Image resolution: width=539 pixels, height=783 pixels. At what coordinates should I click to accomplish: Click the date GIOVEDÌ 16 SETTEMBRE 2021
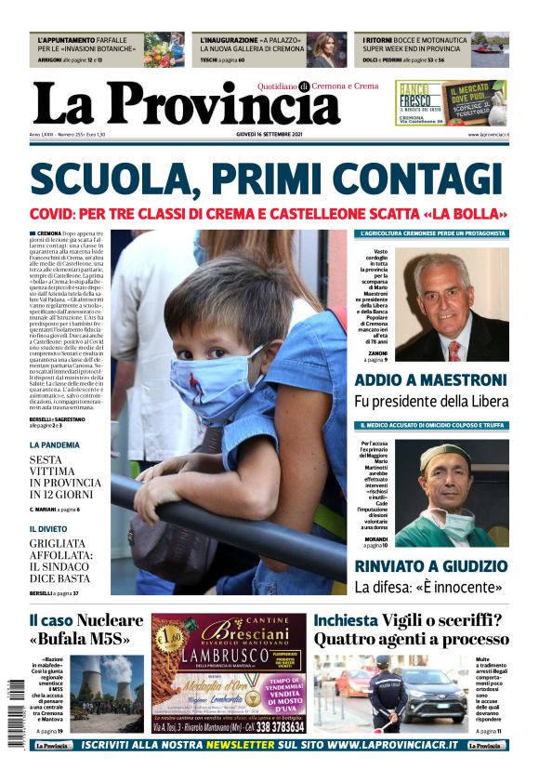coord(269,135)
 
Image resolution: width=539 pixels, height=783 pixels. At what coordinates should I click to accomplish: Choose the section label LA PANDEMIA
coord(54,445)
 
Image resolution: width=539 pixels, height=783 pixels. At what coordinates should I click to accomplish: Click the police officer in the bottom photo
coord(388,694)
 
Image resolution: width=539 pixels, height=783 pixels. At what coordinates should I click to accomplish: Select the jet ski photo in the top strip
coord(489,50)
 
